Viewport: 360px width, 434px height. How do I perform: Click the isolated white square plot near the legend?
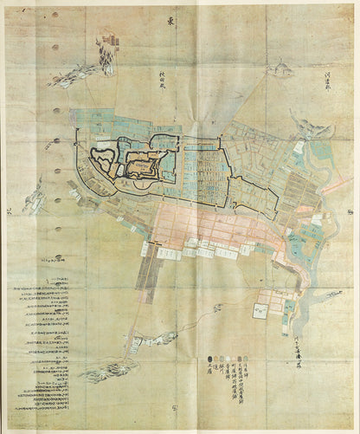coord(259,308)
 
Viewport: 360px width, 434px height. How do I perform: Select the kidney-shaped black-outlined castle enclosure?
coord(103,161)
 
